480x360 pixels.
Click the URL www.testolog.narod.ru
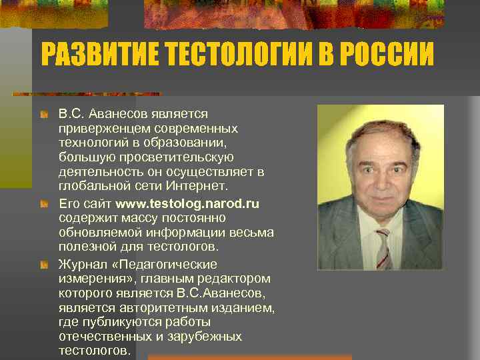(x=187, y=203)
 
